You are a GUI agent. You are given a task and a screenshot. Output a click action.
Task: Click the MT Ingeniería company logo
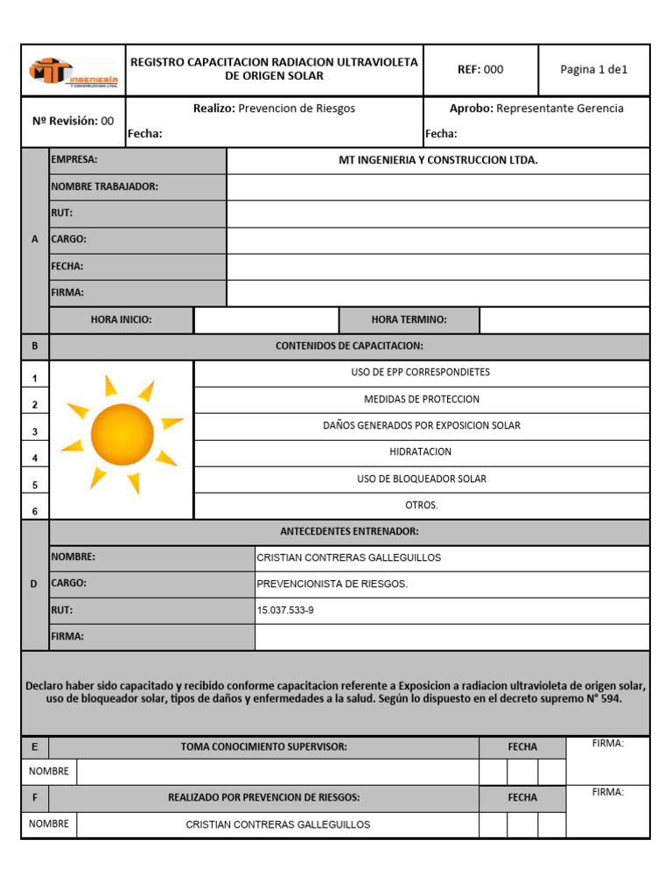point(73,71)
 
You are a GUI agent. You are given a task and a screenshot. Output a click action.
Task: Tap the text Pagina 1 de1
point(594,70)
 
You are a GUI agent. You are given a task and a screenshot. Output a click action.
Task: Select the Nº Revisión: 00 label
point(73,122)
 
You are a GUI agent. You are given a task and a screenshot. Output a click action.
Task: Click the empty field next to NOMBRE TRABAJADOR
point(437,187)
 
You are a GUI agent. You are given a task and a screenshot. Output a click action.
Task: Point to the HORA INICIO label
point(121,320)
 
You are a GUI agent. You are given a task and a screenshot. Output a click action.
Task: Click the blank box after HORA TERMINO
point(564,320)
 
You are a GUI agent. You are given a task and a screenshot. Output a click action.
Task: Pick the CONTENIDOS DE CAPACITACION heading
point(349,346)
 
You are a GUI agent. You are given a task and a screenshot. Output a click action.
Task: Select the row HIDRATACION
point(421,452)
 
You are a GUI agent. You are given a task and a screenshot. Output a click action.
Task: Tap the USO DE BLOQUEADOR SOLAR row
point(421,479)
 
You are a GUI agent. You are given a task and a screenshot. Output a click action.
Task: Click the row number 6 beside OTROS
point(35,511)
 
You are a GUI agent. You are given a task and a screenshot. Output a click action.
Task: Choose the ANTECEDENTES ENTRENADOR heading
point(349,532)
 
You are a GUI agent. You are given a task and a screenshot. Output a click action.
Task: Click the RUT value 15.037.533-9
point(284,611)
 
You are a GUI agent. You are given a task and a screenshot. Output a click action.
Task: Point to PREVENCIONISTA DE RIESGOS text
point(332,584)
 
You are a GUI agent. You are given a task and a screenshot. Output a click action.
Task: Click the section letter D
point(35,584)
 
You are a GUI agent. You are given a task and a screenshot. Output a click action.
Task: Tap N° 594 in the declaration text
point(602,700)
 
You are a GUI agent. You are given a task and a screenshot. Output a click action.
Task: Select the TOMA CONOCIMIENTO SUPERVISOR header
point(263,747)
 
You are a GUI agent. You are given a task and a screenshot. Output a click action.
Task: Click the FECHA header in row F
point(522,798)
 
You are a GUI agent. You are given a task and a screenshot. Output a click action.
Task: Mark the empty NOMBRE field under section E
point(277,773)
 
